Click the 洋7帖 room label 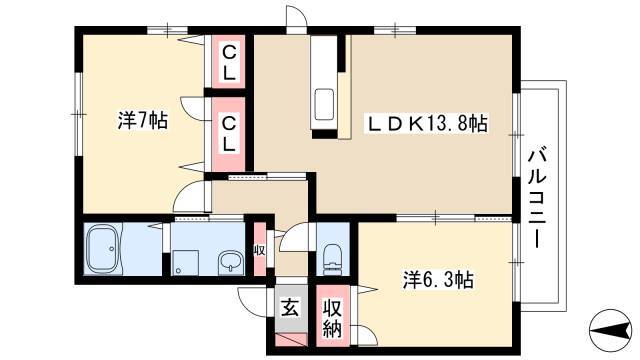click(143, 121)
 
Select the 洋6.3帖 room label click(438, 280)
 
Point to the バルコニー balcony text click(538, 198)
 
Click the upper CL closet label click(229, 62)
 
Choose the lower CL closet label click(229, 134)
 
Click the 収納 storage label click(333, 318)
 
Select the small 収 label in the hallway click(259, 250)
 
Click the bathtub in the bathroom click(103, 249)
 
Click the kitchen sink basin click(325, 104)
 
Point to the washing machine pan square click(184, 262)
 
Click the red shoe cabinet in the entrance click(291, 339)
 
